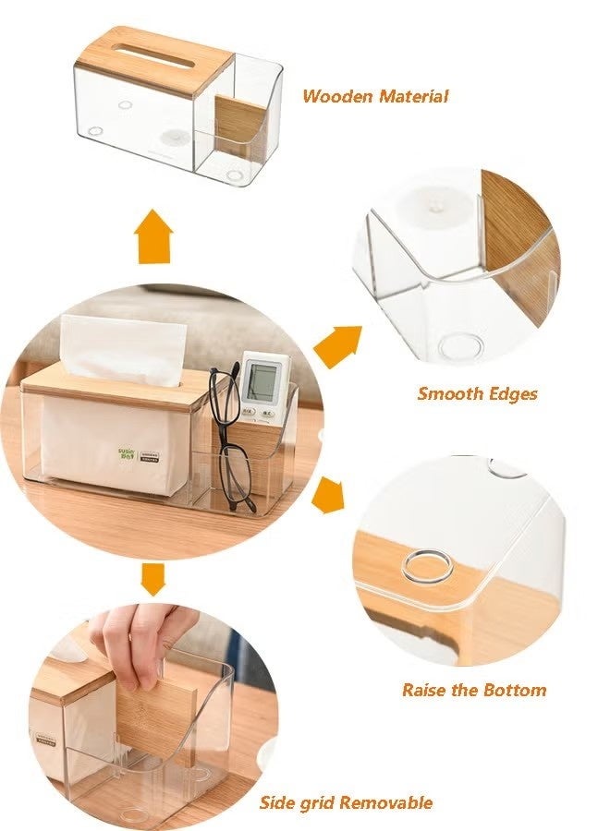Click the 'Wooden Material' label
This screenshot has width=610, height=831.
coord(375,96)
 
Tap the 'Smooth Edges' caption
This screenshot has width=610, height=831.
coord(477,393)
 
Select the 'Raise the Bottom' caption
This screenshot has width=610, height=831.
coord(473,690)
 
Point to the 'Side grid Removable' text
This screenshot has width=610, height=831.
coord(345,802)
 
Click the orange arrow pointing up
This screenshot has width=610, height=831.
coord(153,236)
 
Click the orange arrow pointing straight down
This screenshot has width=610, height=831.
coord(153,579)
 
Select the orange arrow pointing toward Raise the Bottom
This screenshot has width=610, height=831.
coord(328,495)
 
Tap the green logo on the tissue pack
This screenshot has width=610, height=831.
coord(127,453)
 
